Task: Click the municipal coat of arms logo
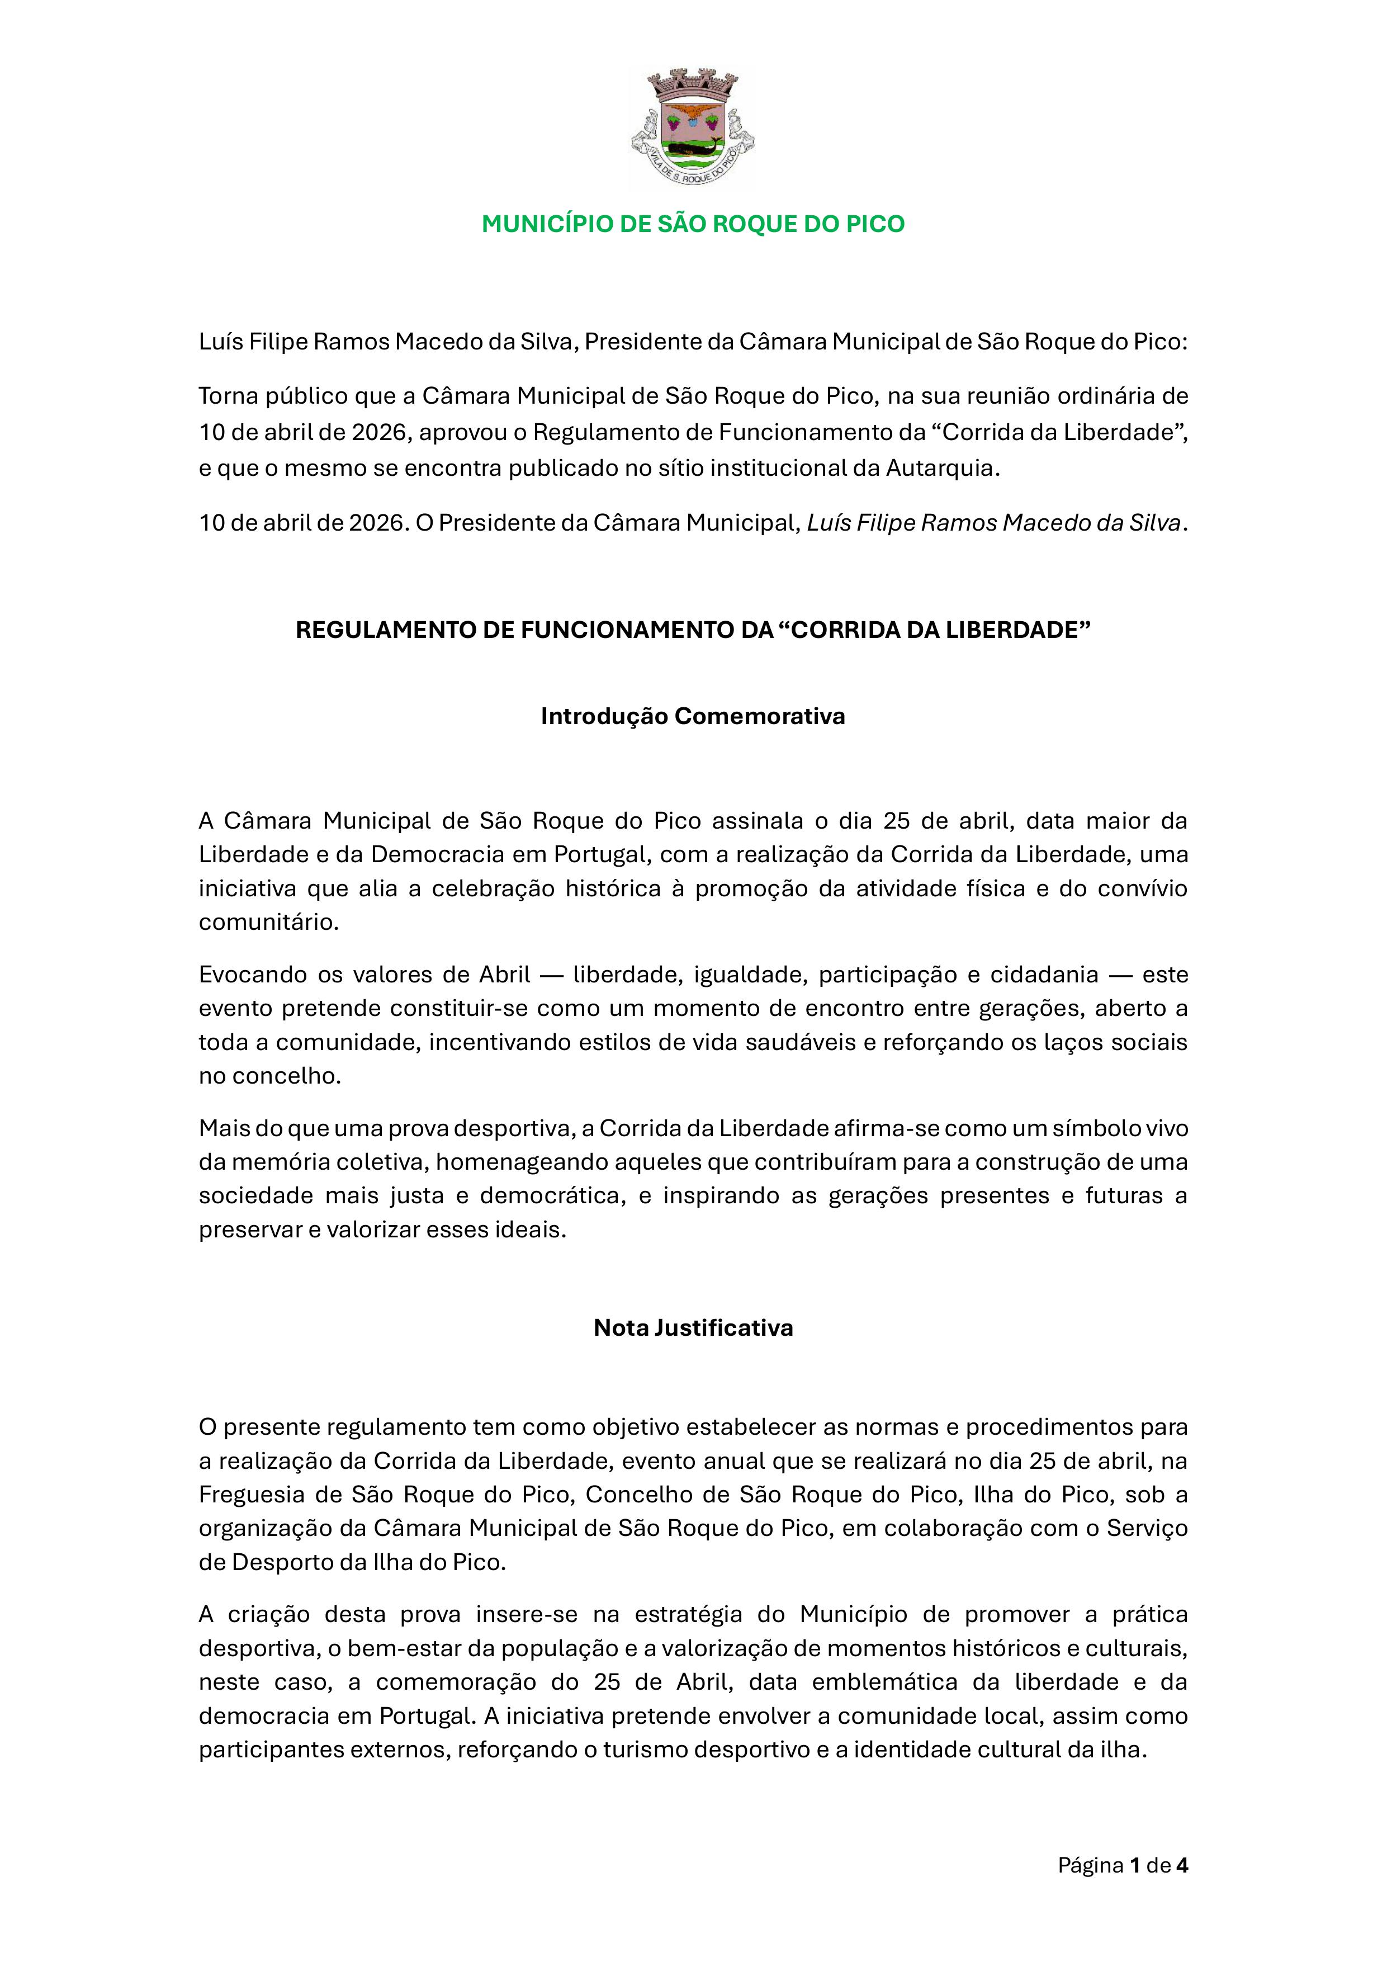point(693,126)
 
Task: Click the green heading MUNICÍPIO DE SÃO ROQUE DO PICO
point(693,224)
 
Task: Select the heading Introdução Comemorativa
point(693,716)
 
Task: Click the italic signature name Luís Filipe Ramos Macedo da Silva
point(994,523)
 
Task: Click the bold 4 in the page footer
point(1182,1865)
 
